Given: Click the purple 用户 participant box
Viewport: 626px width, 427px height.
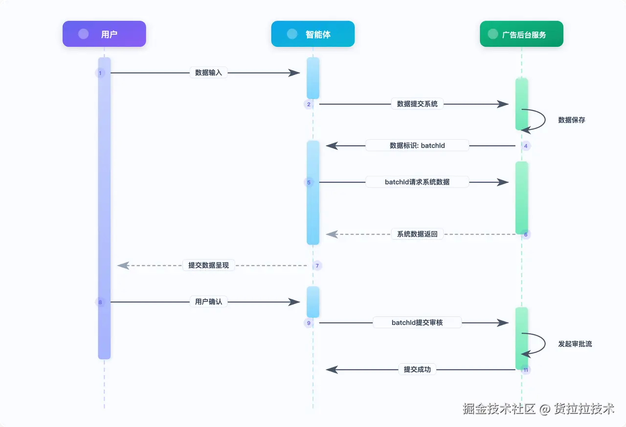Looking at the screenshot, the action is pyautogui.click(x=104, y=34).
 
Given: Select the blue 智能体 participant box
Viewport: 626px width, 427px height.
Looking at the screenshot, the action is pyautogui.click(x=313, y=34).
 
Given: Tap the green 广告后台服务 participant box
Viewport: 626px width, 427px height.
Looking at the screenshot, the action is pyautogui.click(x=521, y=34).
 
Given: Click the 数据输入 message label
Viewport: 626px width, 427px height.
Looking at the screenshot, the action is pyautogui.click(x=208, y=73).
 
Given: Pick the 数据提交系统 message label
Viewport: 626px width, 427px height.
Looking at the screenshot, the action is pyautogui.click(x=417, y=104).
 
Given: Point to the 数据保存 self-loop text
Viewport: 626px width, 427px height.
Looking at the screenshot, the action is pyautogui.click(x=572, y=120).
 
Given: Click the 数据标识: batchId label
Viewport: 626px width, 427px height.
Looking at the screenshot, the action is pyautogui.click(x=417, y=146).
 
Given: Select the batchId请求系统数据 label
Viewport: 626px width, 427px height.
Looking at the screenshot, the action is pyautogui.click(x=417, y=182).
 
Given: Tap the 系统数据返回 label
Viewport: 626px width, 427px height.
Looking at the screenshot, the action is pyautogui.click(x=417, y=234).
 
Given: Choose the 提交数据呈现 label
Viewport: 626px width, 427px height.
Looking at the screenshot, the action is pyautogui.click(x=208, y=265).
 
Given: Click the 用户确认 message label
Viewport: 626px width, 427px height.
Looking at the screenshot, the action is pyautogui.click(x=208, y=302).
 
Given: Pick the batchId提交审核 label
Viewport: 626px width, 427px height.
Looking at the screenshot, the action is pyautogui.click(x=417, y=322).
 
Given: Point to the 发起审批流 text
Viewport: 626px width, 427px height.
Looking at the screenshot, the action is pyautogui.click(x=575, y=344).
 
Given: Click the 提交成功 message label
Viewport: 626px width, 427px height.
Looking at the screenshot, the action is pyautogui.click(x=417, y=369).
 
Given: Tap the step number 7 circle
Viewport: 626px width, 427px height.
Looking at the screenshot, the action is pyautogui.click(x=317, y=266).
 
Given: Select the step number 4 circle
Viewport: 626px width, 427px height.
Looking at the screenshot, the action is pyautogui.click(x=526, y=146).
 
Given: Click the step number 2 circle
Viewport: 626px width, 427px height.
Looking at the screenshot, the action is pyautogui.click(x=309, y=105).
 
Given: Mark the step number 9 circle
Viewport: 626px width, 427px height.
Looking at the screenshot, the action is pyautogui.click(x=309, y=323).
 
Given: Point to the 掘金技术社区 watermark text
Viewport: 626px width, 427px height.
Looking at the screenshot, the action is pyautogui.click(x=499, y=409).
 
